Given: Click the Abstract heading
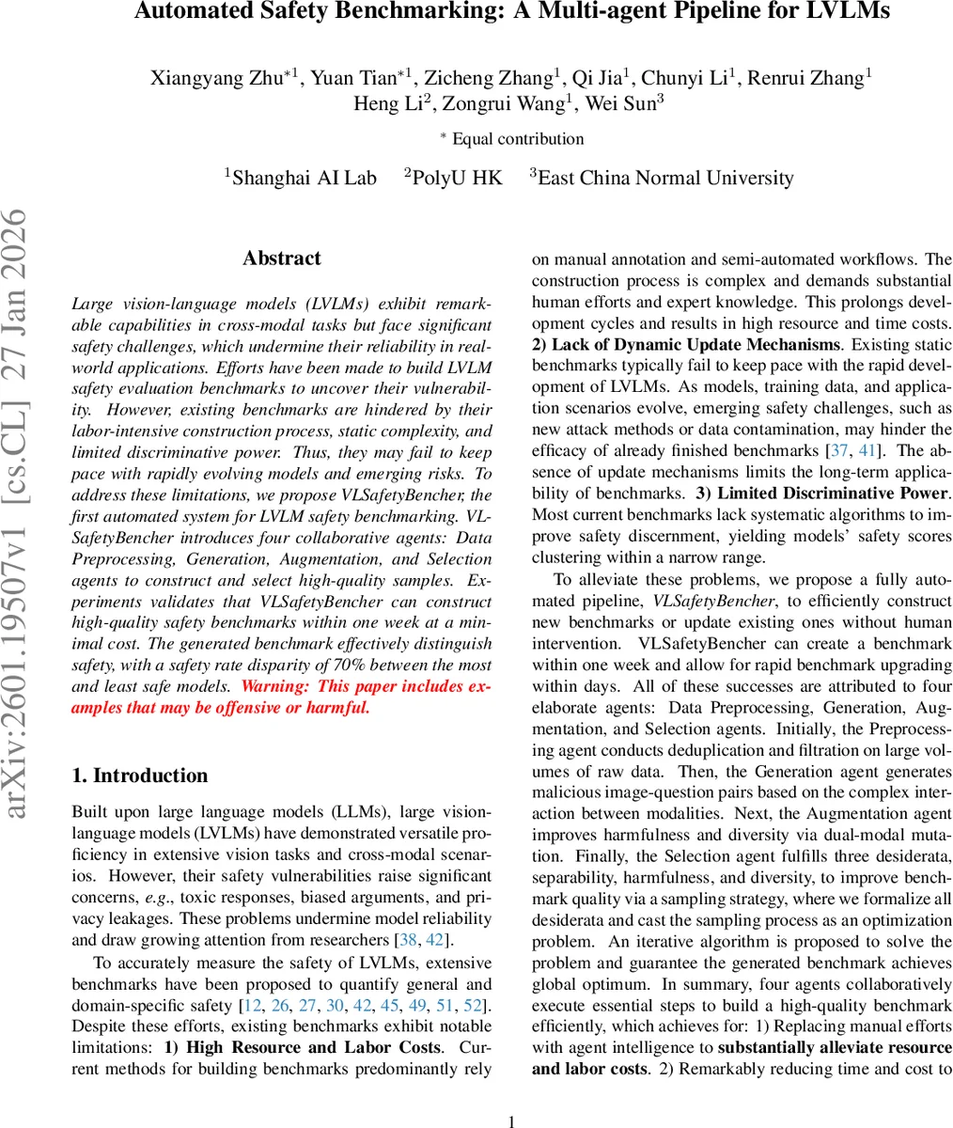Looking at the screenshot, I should coord(281,258).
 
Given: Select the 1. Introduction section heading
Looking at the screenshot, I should coord(140,775).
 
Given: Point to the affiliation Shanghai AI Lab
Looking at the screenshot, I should coord(303,178).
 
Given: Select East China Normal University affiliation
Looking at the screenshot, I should coord(664,178).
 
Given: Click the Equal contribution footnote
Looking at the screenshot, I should coord(517,139).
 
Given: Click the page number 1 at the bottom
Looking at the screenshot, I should coord(512,1120).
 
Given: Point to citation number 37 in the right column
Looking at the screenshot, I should coord(836,451).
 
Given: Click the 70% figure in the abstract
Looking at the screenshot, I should coord(316,666).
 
